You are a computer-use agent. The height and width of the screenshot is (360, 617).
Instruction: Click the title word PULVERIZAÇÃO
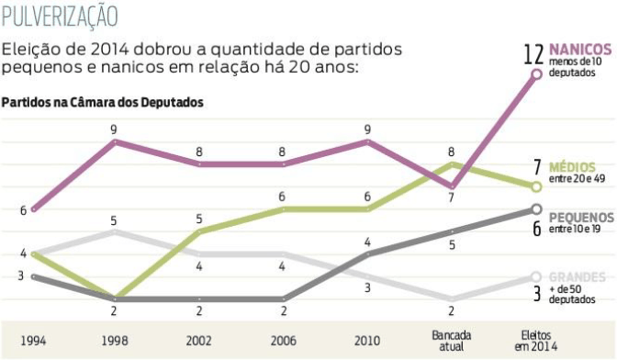pos(60,16)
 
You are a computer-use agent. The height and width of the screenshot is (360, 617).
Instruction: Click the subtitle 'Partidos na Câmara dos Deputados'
pos(102,102)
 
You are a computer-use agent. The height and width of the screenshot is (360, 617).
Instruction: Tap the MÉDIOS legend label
pos(573,167)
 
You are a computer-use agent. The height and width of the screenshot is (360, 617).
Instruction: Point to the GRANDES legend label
pos(578,276)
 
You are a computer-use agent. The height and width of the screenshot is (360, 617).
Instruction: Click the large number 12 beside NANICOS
pos(533,53)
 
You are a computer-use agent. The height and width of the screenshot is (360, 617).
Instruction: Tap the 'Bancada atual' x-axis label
pos(452,341)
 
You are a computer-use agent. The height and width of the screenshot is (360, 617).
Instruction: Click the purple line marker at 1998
pos(114,142)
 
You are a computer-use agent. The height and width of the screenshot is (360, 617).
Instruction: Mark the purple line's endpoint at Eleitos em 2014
pos(536,75)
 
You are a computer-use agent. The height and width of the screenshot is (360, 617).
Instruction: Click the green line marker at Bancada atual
pos(452,164)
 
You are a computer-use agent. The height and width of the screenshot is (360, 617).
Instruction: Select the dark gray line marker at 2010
pos(367,254)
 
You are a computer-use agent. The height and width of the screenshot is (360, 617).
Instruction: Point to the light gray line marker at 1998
pos(114,231)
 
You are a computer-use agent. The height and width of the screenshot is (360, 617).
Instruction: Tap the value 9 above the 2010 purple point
pos(367,129)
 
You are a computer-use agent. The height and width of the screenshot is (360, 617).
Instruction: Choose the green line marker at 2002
pos(198,231)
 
